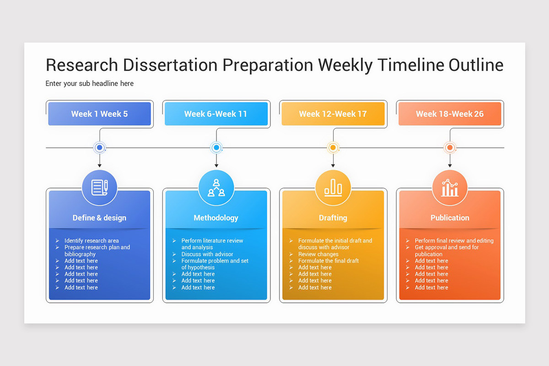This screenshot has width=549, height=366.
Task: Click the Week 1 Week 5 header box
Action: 99,114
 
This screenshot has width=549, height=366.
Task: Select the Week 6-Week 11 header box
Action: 216,114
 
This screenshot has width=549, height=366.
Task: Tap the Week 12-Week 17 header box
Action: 333,114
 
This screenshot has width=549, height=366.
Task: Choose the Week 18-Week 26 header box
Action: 450,114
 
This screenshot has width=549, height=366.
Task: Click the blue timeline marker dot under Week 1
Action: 99,148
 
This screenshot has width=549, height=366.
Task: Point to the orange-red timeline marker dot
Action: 450,148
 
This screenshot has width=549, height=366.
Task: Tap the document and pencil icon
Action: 99,188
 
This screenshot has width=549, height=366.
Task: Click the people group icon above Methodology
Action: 216,188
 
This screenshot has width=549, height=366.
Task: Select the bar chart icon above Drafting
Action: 333,188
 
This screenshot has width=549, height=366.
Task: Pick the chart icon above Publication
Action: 450,188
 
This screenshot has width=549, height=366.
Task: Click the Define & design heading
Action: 99,218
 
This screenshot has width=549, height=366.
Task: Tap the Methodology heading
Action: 216,218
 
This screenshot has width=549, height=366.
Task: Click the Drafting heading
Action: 333,218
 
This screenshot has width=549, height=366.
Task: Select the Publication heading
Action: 450,218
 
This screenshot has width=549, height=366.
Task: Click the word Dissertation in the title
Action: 170,65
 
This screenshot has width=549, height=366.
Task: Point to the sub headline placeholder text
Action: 90,84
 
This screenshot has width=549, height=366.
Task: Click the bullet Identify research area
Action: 91,241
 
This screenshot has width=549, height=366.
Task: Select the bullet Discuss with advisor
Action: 207,254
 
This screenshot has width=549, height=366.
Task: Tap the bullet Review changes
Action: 318,254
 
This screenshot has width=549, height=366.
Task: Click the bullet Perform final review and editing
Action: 454,241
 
